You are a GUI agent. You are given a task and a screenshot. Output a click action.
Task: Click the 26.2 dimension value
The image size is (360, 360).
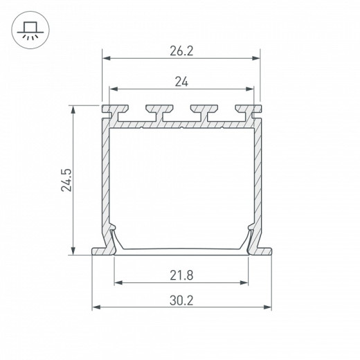[x=181, y=51]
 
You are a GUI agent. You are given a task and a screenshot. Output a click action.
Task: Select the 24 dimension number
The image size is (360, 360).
[x=181, y=82]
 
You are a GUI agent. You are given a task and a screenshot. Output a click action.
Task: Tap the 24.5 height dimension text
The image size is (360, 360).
[x=66, y=180]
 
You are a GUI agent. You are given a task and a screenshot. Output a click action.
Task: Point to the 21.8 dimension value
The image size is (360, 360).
[x=181, y=276]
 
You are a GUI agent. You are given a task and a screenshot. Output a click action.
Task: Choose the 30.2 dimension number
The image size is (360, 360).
[x=181, y=300]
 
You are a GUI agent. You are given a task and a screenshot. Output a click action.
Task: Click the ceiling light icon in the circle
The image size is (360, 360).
[x=30, y=30]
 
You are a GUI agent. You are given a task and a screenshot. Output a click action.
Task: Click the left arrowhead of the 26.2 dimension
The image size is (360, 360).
[x=106, y=58]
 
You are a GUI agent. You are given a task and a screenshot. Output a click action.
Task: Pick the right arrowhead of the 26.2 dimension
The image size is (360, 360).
[x=256, y=58]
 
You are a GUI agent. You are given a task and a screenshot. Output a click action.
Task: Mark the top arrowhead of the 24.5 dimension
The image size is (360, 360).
[x=73, y=109]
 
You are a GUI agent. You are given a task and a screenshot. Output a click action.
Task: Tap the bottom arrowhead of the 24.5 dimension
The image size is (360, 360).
[x=73, y=251]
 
